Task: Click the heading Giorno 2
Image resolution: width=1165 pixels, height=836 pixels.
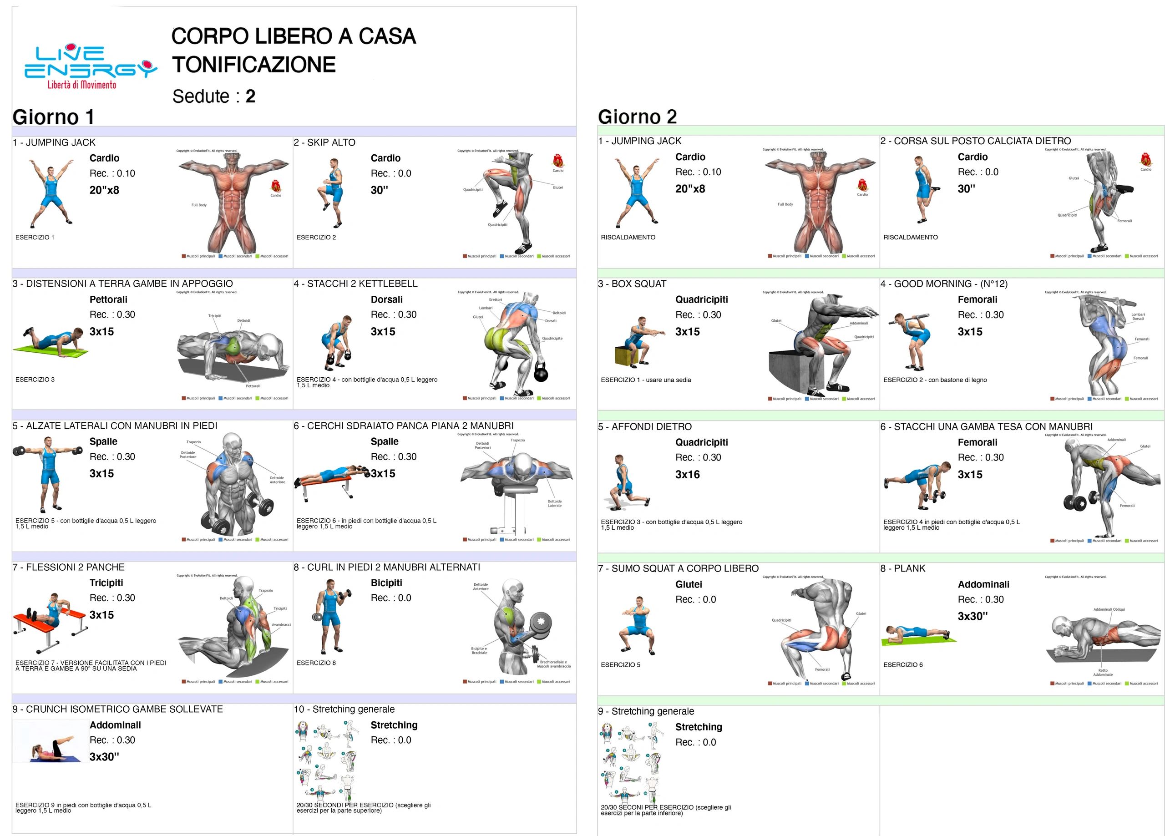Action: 637,117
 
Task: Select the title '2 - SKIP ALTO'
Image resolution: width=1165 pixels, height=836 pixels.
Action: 324,142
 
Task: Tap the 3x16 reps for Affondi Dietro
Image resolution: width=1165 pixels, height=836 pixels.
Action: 687,474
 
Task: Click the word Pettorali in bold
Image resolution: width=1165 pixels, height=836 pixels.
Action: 108,299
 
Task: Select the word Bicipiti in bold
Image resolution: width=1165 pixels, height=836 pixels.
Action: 386,583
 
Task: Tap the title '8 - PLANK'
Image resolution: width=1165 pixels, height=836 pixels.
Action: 902,568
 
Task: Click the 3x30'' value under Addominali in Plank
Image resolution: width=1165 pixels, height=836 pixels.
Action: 973,616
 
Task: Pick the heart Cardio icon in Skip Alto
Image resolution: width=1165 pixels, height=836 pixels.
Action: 557,161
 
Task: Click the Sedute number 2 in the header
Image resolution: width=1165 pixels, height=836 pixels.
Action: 250,96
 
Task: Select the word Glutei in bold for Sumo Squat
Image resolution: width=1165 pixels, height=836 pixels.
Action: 689,584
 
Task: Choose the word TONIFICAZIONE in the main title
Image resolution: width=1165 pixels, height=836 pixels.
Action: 254,65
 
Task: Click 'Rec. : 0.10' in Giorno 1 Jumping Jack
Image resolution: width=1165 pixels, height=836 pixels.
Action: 112,173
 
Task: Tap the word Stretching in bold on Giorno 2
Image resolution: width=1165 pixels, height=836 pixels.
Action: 698,727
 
